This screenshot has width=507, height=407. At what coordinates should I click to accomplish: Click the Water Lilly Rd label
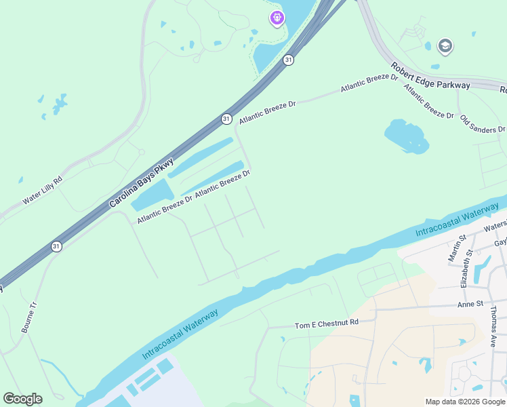click(42, 191)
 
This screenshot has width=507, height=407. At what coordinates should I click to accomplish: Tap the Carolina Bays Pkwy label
click(142, 182)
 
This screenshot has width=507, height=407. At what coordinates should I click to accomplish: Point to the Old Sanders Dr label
click(483, 124)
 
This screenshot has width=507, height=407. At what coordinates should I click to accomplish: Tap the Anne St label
click(470, 304)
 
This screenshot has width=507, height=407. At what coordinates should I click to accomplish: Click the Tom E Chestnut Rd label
click(326, 325)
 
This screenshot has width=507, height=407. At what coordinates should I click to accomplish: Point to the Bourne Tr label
click(28, 317)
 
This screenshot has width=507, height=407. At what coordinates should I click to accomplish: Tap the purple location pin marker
click(277, 18)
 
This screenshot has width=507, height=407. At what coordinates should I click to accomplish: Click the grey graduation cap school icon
click(445, 46)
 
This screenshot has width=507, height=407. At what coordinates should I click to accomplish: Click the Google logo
click(22, 399)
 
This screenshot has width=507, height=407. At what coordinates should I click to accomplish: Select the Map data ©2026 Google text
click(465, 402)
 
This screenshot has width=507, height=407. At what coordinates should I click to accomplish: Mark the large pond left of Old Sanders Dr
click(407, 136)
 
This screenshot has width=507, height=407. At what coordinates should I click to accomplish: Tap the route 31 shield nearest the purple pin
click(289, 60)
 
